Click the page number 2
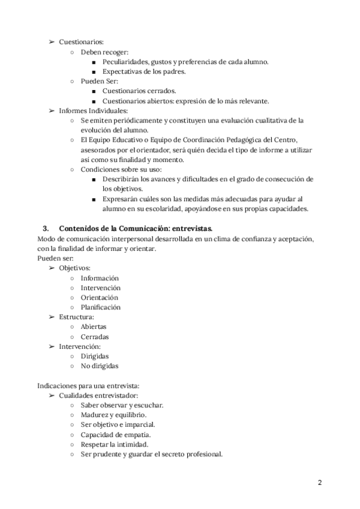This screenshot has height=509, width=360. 320,482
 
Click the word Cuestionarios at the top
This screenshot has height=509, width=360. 81,42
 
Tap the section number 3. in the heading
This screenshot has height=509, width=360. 46,229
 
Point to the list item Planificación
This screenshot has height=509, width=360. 100,307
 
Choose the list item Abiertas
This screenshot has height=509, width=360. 95,327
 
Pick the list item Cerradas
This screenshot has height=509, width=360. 95,336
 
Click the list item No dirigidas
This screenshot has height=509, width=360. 100,366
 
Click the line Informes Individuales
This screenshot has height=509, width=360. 93,110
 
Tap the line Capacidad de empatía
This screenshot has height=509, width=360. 116,434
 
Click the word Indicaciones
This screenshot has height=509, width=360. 58,385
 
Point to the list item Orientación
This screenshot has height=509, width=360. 99,297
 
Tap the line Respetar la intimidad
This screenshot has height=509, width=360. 114,444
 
